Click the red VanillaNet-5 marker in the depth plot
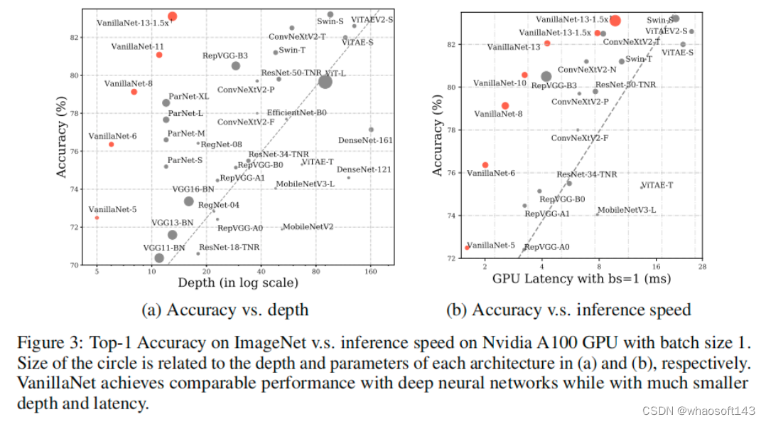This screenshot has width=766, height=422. coord(97,217)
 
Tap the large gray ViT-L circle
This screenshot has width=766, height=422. coord(325,82)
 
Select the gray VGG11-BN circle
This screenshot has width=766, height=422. coord(159,258)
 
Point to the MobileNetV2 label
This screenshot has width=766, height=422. coord(309,227)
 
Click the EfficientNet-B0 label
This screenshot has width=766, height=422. coord(296,112)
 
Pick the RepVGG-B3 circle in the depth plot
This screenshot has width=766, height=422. coord(236,65)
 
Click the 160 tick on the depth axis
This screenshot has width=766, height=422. coord(370,272)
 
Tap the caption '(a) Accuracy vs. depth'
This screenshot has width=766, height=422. coord(225,310)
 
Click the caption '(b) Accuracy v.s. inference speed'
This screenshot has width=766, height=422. coord(568,310)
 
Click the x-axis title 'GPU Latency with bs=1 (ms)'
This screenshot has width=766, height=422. coord(581,278)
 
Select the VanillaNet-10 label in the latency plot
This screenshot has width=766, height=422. coord(500,83)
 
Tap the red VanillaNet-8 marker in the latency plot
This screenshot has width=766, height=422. coord(505,105)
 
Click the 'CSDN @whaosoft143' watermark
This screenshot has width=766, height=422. coord(698,411)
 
